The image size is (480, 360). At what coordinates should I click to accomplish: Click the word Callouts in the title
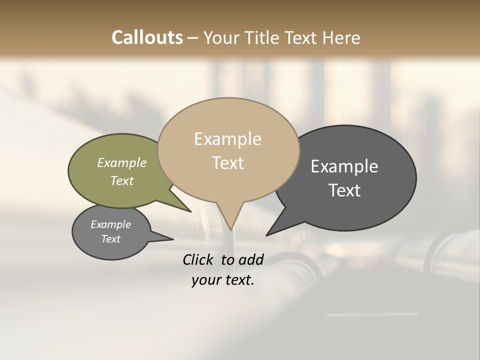click(x=147, y=37)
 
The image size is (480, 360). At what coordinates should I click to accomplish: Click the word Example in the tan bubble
click(x=227, y=139)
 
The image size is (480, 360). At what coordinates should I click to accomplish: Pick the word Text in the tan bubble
click(x=227, y=163)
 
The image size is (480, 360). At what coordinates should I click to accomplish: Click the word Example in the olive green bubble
click(x=121, y=163)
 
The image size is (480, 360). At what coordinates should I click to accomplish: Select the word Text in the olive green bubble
click(x=121, y=180)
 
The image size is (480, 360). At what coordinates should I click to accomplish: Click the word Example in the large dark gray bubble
click(x=344, y=166)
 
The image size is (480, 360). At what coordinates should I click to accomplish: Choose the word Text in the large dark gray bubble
click(x=344, y=190)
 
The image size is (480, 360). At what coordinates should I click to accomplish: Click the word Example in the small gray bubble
click(x=110, y=224)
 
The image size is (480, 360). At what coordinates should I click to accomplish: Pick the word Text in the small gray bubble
click(x=110, y=239)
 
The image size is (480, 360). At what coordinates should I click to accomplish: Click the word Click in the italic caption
click(x=198, y=259)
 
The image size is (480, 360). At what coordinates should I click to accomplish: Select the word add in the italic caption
click(x=251, y=259)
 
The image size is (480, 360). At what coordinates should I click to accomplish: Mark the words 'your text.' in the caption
click(x=223, y=280)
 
